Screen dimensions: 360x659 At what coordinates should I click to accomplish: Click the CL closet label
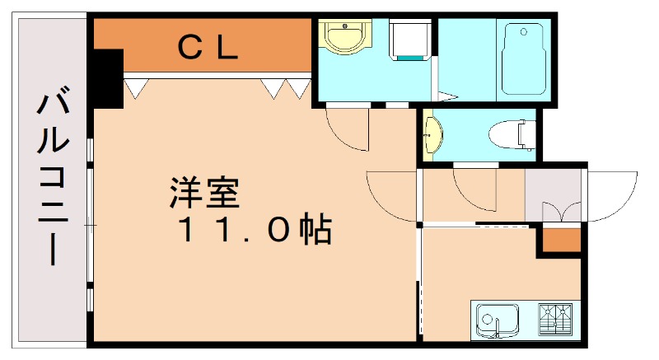pos(209,48)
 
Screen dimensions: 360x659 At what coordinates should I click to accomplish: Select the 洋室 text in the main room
pos(204,194)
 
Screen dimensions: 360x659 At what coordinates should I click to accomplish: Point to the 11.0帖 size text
pos(255,231)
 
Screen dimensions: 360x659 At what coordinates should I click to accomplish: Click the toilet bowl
pos(510,133)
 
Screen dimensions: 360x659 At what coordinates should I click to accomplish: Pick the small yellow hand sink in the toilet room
pos(432,134)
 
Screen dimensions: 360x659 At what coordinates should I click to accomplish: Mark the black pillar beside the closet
pos(106,77)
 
